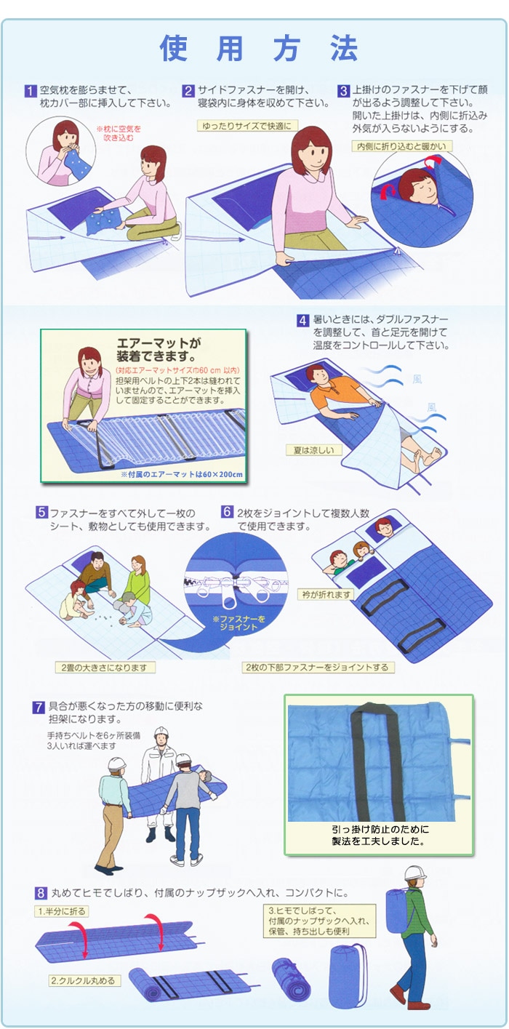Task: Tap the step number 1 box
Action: tap(31, 92)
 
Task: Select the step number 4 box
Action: tap(302, 320)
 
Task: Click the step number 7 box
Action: tap(39, 707)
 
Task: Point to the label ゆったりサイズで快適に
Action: tap(247, 126)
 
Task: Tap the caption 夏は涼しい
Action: tap(313, 450)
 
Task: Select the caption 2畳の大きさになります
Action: tap(105, 667)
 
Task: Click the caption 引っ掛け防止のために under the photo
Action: tap(378, 829)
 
